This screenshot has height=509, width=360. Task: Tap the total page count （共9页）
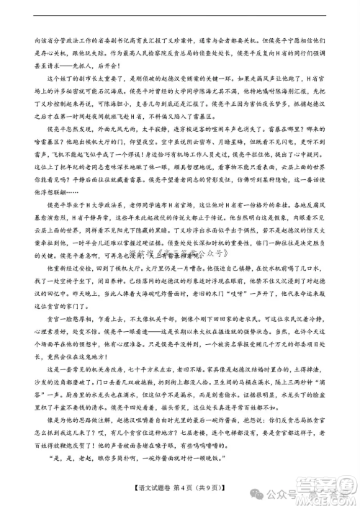[211, 490]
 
